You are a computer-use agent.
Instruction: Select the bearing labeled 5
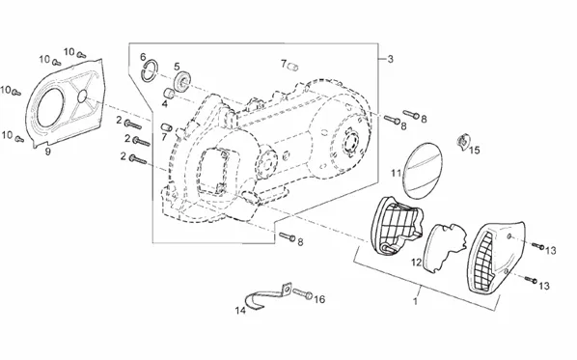pyautogui.click(x=182, y=82)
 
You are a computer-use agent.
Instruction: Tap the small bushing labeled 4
pyautogui.click(x=169, y=93)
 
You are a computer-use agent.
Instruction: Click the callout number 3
pyautogui.click(x=390, y=59)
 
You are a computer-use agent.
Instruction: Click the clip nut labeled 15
pyautogui.click(x=463, y=141)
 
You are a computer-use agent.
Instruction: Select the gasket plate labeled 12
pyautogui.click(x=446, y=248)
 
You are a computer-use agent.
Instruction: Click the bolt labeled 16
pyautogui.click(x=303, y=293)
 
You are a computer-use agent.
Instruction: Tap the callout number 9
pyautogui.click(x=48, y=151)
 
